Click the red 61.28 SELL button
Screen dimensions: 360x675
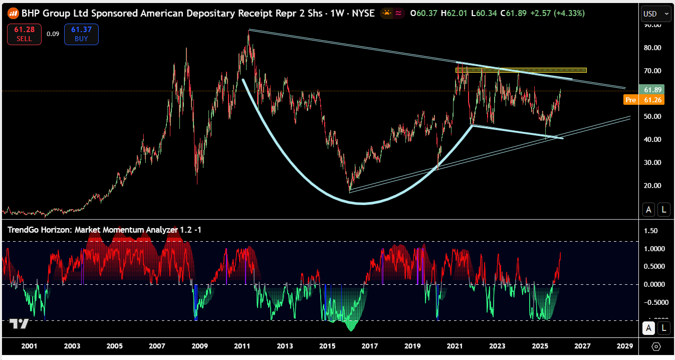tap(24, 34)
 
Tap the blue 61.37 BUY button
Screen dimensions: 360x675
tap(81, 34)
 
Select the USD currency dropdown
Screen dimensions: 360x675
tap(656, 14)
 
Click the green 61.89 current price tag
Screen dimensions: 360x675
tap(652, 90)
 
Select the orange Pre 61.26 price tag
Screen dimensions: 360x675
tap(644, 100)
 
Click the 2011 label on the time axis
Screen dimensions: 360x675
tap(243, 346)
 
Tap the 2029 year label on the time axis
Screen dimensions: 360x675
tap(625, 346)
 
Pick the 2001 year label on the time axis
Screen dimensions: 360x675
tap(30, 346)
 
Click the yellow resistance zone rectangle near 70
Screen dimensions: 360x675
tap(521, 70)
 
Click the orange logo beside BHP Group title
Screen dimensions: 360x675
tap(14, 14)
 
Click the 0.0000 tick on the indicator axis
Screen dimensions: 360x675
tap(653, 284)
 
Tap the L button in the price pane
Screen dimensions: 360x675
tap(664, 210)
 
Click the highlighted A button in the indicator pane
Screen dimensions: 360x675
tap(648, 328)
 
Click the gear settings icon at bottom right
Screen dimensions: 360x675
tap(656, 346)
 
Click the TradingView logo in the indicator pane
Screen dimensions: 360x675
tap(19, 324)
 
